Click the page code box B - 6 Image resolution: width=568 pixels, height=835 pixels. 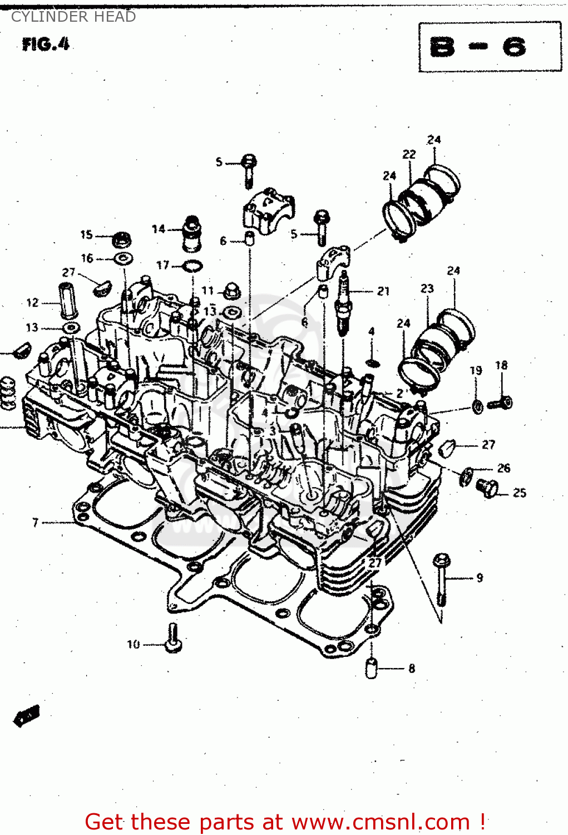490,47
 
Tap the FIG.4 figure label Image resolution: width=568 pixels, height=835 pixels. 46,44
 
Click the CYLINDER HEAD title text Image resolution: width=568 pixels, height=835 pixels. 73,17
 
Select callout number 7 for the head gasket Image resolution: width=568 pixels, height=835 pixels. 36,522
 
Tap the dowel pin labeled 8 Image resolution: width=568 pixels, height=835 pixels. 372,667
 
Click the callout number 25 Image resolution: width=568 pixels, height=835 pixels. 519,493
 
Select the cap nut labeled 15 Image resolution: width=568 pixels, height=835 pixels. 121,240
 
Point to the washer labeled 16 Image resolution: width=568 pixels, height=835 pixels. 122,258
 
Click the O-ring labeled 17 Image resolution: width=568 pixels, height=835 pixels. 192,266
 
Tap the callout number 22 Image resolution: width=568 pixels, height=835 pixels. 409,154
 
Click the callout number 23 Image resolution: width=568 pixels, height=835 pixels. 427,288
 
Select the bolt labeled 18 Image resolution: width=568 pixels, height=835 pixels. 500,402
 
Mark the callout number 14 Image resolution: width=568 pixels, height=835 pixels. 159,229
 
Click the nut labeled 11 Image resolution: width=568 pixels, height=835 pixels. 231,291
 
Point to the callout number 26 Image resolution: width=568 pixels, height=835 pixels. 503,468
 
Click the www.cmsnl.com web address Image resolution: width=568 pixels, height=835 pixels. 381,822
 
